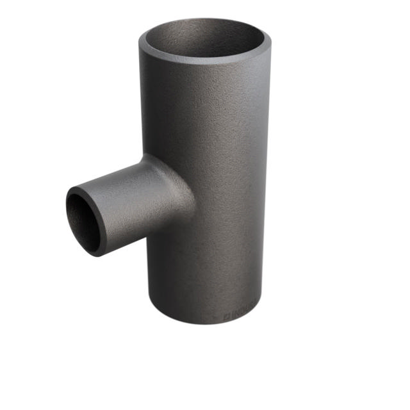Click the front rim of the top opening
[x=204, y=58]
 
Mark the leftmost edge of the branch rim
[x=67, y=215]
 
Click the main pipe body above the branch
[x=205, y=109]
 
